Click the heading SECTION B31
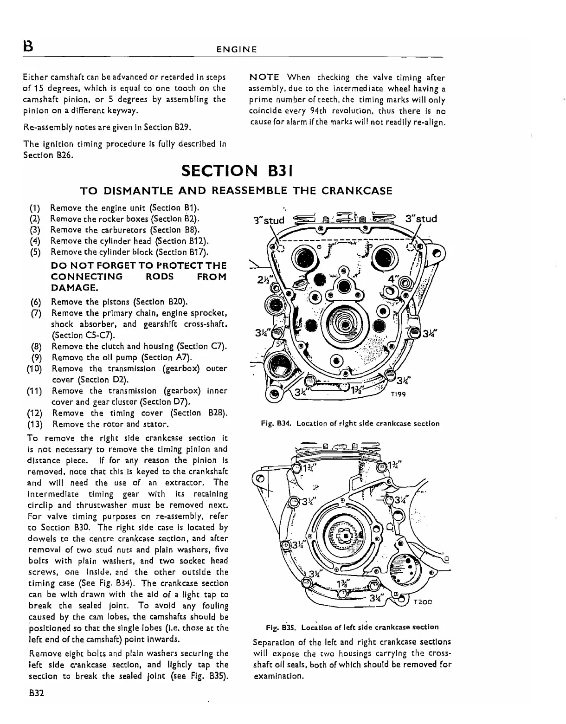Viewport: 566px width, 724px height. pos(236,170)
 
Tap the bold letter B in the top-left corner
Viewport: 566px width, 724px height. pos(28,48)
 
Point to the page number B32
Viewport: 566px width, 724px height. pos(36,693)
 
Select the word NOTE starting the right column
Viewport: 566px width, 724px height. pos(264,78)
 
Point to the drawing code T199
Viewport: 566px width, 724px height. pos(398,394)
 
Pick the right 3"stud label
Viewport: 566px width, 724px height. pos(421,219)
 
